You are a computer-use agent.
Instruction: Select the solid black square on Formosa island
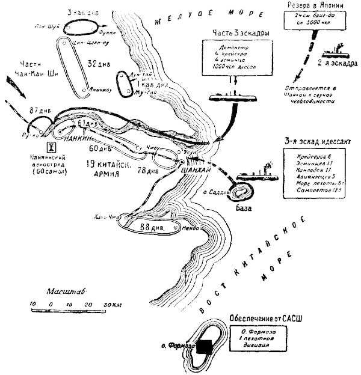pos(206,346)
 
